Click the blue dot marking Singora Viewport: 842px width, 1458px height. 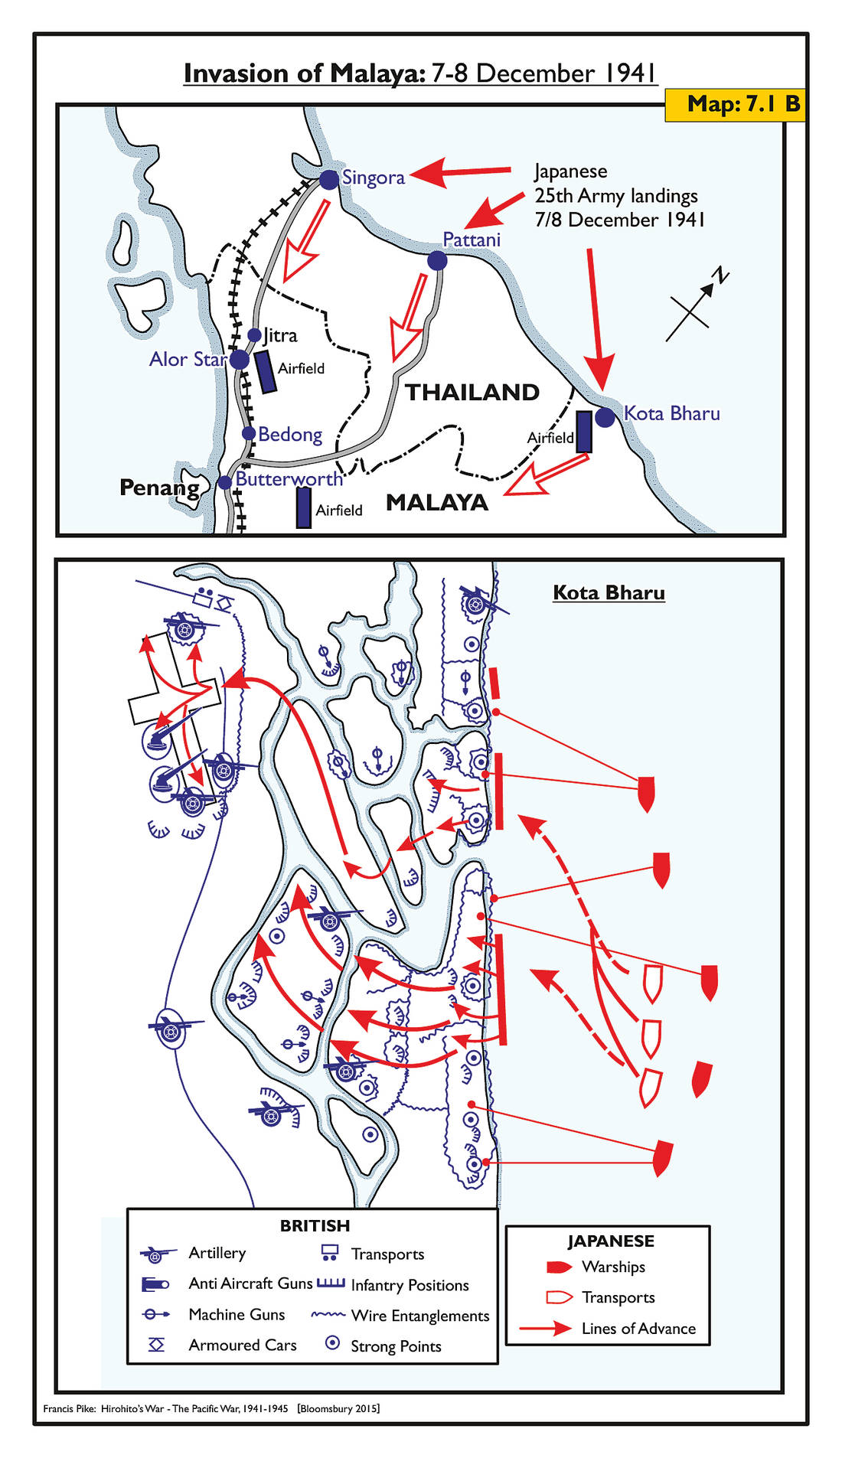(329, 180)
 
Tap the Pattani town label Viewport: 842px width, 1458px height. (472, 240)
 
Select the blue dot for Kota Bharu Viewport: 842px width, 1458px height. (605, 417)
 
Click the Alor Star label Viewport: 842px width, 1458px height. (188, 359)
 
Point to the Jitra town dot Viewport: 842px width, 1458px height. (255, 335)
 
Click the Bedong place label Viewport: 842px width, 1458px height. (290, 434)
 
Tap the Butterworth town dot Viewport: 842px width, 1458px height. (224, 482)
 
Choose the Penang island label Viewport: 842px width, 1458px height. (159, 488)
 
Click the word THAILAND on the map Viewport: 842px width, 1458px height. (472, 392)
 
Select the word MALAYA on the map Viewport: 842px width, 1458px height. (436, 502)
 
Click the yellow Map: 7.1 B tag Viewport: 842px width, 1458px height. (734, 104)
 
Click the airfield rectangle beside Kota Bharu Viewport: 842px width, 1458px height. (583, 432)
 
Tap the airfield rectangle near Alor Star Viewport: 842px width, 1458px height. (266, 372)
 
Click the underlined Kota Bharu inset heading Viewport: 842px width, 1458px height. (609, 592)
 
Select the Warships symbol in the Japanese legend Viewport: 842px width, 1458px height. (559, 1267)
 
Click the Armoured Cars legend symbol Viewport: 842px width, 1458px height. (156, 1344)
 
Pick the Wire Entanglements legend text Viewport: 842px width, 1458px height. (419, 1315)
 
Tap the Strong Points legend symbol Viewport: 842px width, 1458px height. (332, 1342)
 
